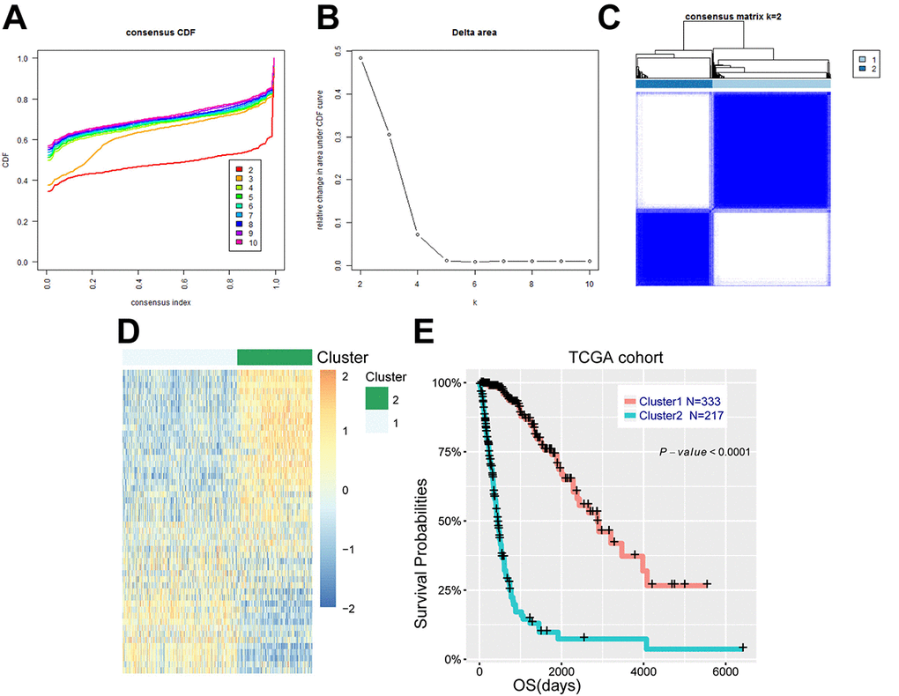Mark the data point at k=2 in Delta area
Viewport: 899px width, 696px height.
360,59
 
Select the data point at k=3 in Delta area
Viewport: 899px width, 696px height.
389,135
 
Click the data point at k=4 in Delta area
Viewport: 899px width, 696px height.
418,234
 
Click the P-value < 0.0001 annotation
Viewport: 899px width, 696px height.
704,452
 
